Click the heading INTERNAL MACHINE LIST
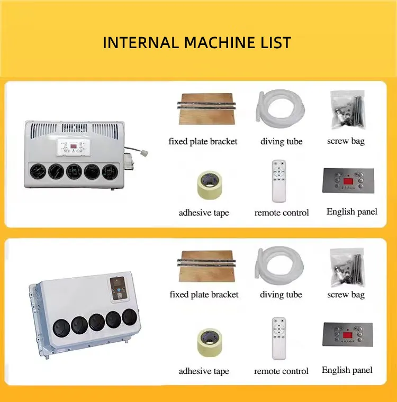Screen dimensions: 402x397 pyautogui.click(x=197, y=42)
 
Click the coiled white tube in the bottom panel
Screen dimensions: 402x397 pyautogui.click(x=280, y=268)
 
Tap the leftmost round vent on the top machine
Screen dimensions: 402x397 pyautogui.click(x=39, y=171)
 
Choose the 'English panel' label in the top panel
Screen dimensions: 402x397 pyautogui.click(x=352, y=212)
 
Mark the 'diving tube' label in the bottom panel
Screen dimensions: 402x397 pyautogui.click(x=281, y=295)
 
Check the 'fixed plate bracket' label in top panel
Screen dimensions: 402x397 pyautogui.click(x=203, y=141)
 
